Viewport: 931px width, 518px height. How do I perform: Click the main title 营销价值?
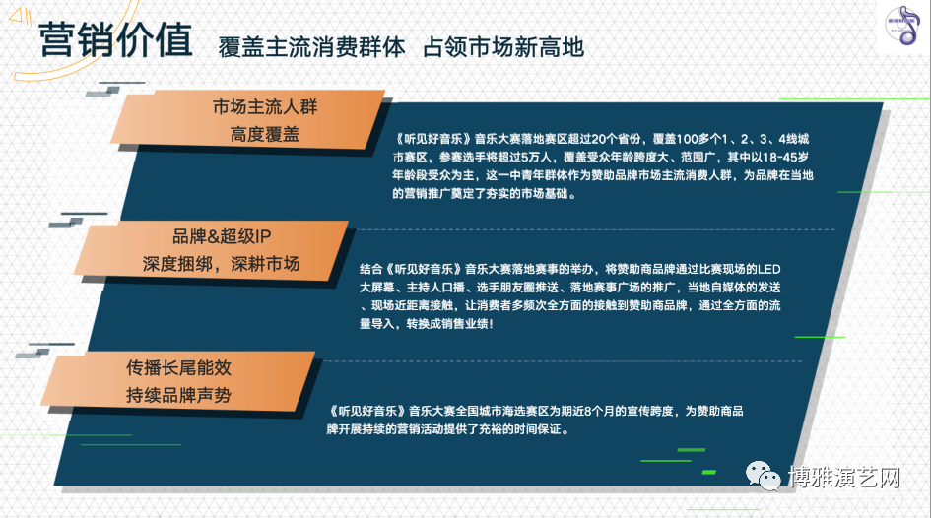tap(116, 39)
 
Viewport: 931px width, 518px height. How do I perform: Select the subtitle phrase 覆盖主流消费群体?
tap(311, 47)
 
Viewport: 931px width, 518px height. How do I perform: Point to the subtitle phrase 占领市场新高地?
tap(503, 47)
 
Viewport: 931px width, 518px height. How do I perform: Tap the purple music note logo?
tap(902, 26)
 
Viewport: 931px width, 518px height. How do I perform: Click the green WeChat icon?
tap(764, 476)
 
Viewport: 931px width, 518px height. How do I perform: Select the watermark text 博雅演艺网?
tap(844, 477)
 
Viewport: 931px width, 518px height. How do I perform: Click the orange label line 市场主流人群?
tap(265, 106)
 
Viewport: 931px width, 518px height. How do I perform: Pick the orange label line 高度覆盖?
tap(265, 135)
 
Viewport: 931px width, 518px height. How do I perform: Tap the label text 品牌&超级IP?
tap(222, 236)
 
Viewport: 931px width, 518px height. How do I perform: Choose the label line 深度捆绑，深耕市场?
tap(221, 264)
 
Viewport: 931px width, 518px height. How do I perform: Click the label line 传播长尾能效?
tap(178, 368)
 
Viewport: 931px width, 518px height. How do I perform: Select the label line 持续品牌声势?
tap(178, 395)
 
